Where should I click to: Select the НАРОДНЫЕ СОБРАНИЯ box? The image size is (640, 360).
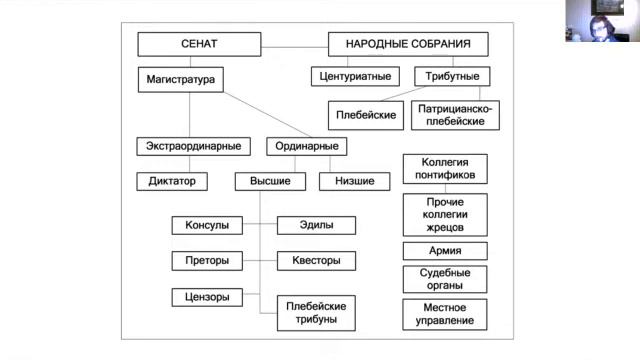click(x=408, y=45)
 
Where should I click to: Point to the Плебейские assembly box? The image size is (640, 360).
click(x=365, y=115)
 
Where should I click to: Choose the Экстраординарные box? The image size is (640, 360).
click(x=189, y=147)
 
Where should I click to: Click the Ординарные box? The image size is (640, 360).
click(x=306, y=147)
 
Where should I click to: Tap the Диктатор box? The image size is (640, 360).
click(x=172, y=182)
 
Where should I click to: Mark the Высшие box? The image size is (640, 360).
click(x=270, y=182)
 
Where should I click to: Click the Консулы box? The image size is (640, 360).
click(x=207, y=226)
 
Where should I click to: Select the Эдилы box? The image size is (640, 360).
click(x=316, y=226)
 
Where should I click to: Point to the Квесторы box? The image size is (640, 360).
click(x=316, y=261)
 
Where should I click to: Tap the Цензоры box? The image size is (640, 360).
click(x=207, y=296)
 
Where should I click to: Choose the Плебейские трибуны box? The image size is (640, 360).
click(x=316, y=312)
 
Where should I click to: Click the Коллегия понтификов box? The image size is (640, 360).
click(x=445, y=168)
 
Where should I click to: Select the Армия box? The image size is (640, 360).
click(x=445, y=251)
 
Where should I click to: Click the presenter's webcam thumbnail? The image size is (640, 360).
click(x=599, y=20)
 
